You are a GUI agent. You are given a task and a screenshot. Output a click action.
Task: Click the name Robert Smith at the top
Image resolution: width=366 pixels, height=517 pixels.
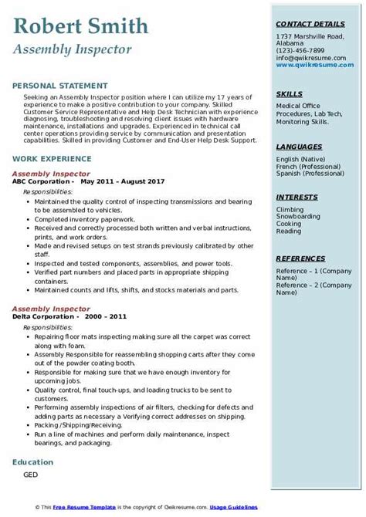80,27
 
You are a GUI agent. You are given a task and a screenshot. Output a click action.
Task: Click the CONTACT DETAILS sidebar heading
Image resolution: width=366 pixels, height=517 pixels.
307,24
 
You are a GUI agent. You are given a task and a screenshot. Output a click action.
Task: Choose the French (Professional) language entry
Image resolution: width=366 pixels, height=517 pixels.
305,165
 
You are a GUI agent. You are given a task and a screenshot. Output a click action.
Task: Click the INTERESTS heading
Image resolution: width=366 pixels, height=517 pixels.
297,197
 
